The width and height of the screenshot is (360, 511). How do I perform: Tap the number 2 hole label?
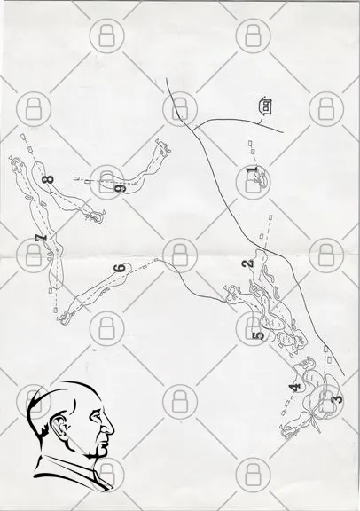(248, 263)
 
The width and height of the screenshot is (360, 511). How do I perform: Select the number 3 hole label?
(338, 398)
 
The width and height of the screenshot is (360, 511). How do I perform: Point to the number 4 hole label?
(295, 388)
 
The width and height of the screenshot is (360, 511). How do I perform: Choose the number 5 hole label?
(259, 335)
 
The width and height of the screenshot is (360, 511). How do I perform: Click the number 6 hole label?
(120, 268)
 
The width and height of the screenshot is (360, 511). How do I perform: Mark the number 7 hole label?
(42, 238)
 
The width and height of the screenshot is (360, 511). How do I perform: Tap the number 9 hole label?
(120, 188)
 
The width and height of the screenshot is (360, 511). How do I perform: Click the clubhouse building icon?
(265, 106)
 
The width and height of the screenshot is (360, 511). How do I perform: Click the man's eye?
(97, 415)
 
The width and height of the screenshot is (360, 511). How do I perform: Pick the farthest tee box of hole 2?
(270, 216)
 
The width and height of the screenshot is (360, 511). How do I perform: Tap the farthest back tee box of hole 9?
(76, 178)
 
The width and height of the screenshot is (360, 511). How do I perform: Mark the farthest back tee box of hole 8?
(23, 137)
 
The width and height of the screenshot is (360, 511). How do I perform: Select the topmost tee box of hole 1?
(250, 143)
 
